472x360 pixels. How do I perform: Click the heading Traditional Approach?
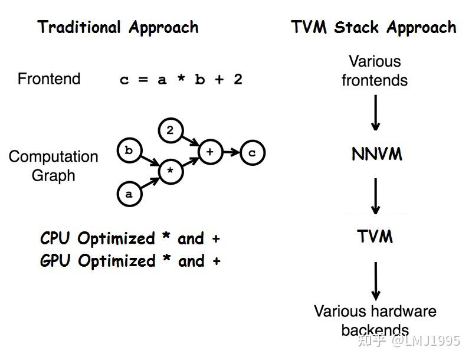click(x=118, y=27)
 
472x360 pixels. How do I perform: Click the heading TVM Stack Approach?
click(x=373, y=27)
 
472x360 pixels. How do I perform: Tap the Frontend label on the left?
click(x=49, y=79)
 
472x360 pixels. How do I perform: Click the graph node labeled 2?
click(x=170, y=130)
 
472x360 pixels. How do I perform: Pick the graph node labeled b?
click(x=129, y=150)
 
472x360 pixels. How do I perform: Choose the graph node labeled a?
click(x=129, y=194)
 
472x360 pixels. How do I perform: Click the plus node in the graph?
click(x=210, y=152)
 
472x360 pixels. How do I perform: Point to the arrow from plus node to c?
click(x=231, y=152)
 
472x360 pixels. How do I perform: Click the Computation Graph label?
click(x=53, y=166)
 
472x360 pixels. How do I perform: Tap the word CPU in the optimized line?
click(x=56, y=238)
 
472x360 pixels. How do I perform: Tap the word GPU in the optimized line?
click(x=56, y=261)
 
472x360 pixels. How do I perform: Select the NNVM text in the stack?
click(x=376, y=155)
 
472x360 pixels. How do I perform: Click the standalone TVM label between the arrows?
click(x=375, y=237)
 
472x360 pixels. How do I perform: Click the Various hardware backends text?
click(x=375, y=319)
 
